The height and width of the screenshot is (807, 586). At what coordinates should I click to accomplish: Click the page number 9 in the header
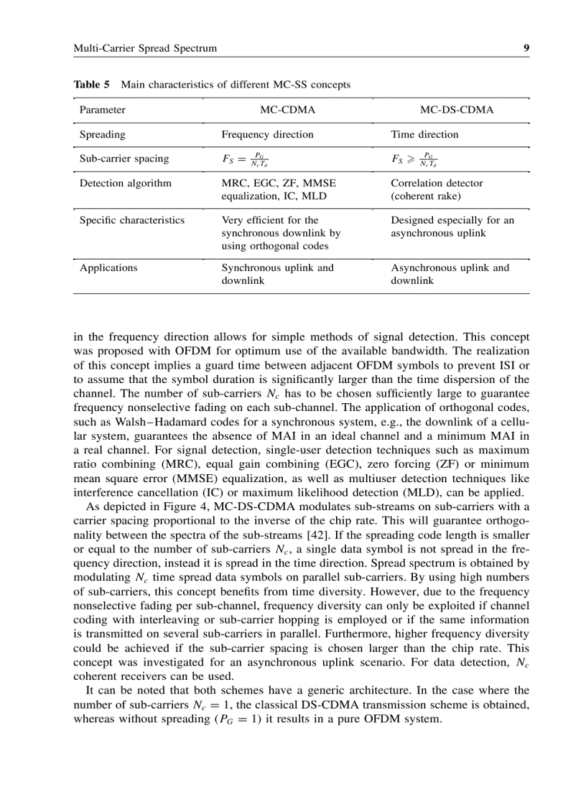(x=526, y=48)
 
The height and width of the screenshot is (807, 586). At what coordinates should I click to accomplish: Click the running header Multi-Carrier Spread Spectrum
(x=145, y=48)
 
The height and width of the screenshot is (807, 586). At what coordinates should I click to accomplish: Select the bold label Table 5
(x=92, y=84)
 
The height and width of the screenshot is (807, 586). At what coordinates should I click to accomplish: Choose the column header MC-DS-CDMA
(x=456, y=110)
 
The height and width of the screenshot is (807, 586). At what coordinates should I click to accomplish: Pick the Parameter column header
(x=102, y=110)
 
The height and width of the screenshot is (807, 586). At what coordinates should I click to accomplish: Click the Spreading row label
(x=102, y=134)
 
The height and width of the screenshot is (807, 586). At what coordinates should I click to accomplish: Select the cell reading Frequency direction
(x=267, y=134)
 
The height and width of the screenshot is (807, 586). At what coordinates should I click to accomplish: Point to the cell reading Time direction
(x=424, y=134)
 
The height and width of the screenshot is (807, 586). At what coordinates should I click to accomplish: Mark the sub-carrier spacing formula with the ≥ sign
(x=414, y=159)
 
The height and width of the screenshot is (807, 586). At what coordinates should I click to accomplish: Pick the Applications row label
(x=108, y=268)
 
